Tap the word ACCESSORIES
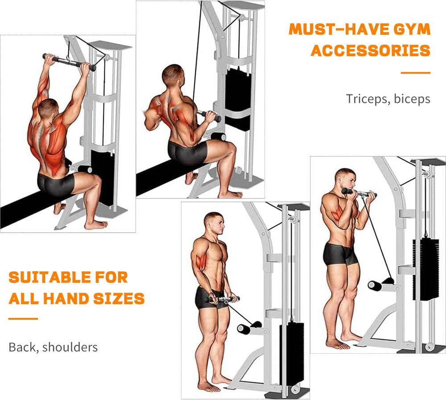click(x=371, y=50)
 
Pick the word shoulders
click(x=70, y=346)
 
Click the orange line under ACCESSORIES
click(x=415, y=72)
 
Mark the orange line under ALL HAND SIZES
click(x=23, y=318)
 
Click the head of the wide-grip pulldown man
click(x=48, y=107)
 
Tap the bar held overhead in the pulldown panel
click(x=69, y=62)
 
